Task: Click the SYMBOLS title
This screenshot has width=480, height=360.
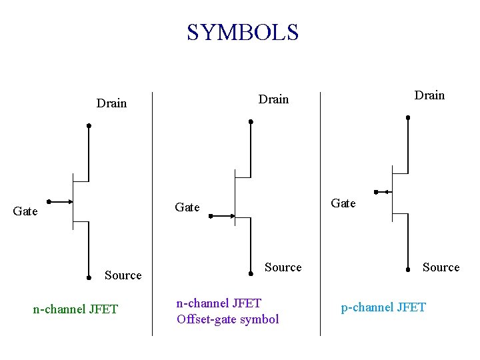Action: tap(243, 32)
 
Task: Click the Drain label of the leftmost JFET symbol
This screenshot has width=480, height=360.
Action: tap(111, 103)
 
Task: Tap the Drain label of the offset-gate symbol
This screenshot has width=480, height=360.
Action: tap(273, 99)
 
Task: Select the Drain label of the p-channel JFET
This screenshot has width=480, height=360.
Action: tap(429, 95)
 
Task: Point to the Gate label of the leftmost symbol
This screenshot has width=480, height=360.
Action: tap(25, 211)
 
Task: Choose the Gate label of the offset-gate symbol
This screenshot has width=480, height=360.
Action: tap(187, 207)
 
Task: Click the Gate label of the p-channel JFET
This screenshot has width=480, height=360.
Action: tap(343, 203)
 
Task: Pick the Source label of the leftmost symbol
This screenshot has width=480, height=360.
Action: tap(123, 275)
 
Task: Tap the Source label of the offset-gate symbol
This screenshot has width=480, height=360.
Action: tap(283, 267)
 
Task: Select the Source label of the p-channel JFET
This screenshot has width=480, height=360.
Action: tap(441, 267)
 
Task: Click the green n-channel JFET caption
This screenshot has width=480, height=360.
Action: tap(75, 309)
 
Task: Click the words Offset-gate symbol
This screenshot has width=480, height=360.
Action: tap(228, 319)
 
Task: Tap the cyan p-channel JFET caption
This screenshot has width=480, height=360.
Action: tap(383, 307)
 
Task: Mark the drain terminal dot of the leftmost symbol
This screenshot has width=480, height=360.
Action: tap(89, 125)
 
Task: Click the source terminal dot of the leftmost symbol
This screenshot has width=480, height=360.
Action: tap(89, 277)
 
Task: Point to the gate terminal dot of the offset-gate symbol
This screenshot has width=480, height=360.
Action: tap(210, 216)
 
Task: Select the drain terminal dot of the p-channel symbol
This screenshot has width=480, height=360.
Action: tap(408, 117)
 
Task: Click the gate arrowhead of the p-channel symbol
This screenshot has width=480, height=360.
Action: tap(387, 192)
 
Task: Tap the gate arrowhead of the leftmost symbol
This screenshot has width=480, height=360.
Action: tap(69, 201)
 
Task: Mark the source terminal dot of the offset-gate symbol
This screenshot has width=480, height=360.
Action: tap(250, 272)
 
